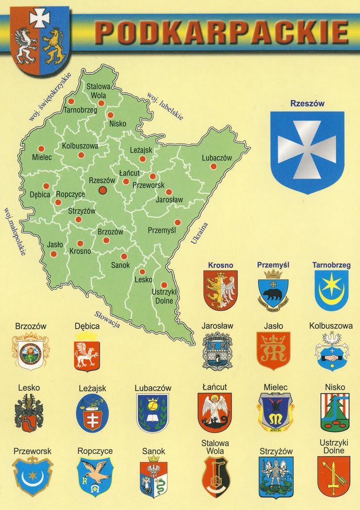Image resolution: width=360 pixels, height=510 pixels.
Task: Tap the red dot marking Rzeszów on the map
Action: coord(103,190)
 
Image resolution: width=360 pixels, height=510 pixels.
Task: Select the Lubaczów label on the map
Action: coord(217,158)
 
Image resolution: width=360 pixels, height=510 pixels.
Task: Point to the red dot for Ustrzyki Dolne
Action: coord(164,284)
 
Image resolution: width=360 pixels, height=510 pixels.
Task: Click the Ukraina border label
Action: coord(199,234)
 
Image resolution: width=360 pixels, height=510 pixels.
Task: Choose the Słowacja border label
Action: coord(107,319)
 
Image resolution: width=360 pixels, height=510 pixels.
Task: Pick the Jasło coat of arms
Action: coord(273,351)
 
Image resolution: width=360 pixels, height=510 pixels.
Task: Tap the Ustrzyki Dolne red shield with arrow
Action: coord(333,476)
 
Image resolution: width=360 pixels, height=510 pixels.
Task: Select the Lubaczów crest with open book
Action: coord(152,412)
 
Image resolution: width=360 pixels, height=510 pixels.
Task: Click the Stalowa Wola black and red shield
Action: coord(216,477)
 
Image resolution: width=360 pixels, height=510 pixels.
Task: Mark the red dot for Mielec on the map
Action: coord(41,148)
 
